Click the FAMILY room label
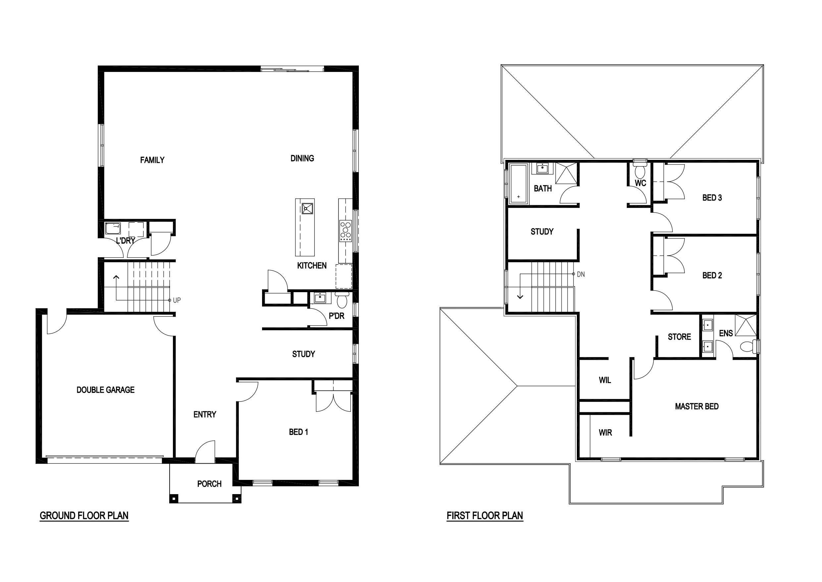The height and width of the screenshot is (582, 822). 152,160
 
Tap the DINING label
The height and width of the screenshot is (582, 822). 302,158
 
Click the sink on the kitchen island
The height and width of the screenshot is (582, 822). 307,208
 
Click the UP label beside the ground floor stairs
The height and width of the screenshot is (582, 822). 177,300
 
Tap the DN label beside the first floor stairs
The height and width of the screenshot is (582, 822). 581,274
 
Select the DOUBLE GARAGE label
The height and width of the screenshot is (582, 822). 106,390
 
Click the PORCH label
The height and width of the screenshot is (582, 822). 209,484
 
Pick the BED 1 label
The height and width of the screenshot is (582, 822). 299,432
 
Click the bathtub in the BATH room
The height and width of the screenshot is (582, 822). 519,184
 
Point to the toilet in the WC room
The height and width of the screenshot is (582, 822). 640,170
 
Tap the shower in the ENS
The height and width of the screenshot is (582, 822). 746,325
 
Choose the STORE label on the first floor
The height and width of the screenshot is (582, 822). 679,337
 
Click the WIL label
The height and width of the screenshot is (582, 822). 605,380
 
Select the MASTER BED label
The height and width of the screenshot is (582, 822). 697,406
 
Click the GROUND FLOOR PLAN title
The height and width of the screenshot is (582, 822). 84,515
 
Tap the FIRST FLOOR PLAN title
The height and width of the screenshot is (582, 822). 485,515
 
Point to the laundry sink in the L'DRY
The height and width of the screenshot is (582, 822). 113,228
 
